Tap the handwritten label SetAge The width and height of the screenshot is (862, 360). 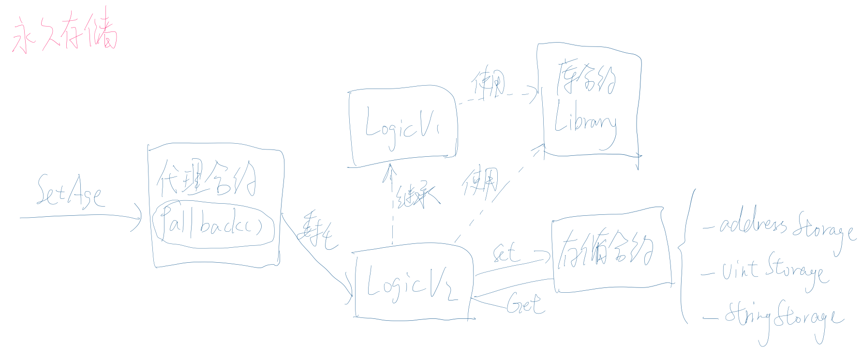tap(69, 192)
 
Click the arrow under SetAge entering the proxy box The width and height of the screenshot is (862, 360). tap(80, 216)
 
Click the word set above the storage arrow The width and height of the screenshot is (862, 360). tap(505, 253)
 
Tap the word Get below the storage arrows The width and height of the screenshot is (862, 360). tap(524, 305)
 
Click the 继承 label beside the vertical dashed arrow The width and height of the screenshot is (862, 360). tap(416, 195)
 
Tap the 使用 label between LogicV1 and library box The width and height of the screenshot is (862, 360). tap(488, 83)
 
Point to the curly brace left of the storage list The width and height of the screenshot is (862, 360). tap(684, 252)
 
